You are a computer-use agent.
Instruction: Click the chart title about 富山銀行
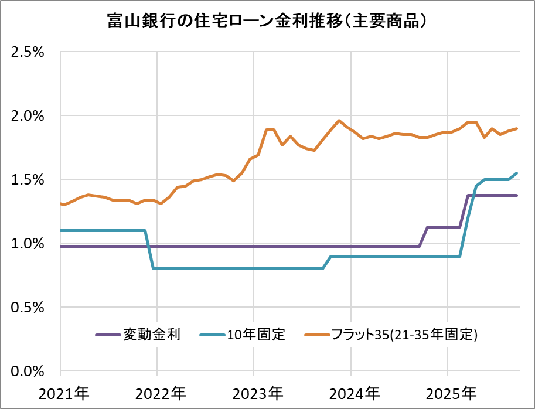(x=267, y=21)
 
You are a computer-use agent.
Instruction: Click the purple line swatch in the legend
(x=107, y=335)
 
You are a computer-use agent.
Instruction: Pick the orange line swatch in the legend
(x=317, y=335)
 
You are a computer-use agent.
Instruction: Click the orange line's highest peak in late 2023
(x=339, y=121)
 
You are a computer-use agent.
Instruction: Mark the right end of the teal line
(x=516, y=173)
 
